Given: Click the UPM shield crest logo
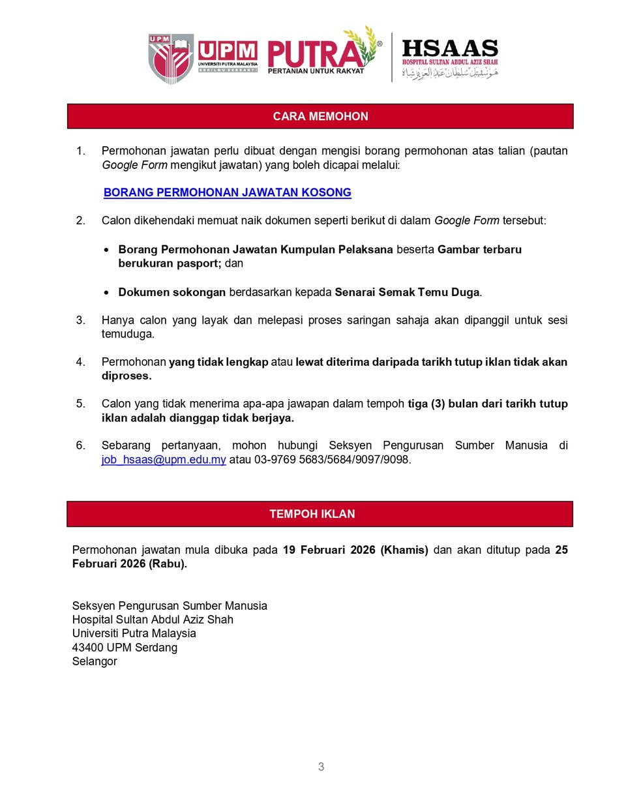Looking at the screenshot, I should [171, 58].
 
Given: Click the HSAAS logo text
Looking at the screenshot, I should [449, 49].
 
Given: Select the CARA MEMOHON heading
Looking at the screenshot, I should [320, 116].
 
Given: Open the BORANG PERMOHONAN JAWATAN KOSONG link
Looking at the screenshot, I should [227, 192].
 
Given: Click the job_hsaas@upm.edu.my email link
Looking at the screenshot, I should [164, 460].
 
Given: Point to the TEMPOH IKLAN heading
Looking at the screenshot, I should [312, 514].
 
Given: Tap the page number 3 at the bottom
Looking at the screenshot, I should [321, 767].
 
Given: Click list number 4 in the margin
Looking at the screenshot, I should [80, 362].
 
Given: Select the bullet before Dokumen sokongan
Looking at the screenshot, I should [106, 293].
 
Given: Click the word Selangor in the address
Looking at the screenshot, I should [95, 661].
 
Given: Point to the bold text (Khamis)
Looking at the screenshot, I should [404, 550].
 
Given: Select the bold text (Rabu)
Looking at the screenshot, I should [168, 564].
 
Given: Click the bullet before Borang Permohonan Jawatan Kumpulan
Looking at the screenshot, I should [106, 250].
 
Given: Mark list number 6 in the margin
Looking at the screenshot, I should [80, 445].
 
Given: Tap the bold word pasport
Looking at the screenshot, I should [197, 263].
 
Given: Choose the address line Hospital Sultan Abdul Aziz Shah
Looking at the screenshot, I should [153, 620].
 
